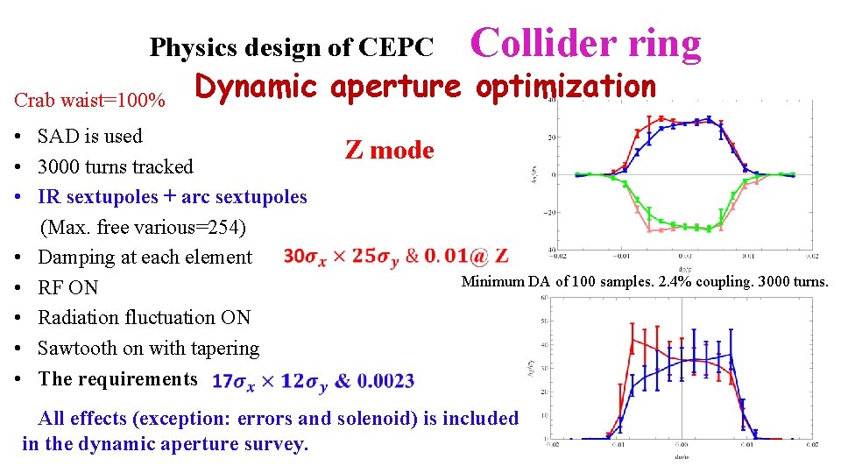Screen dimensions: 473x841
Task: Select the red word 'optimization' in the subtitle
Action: [565, 86]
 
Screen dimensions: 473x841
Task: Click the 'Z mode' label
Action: [389, 150]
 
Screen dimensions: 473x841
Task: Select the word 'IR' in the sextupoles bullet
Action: [49, 196]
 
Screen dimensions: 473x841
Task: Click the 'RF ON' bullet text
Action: [68, 287]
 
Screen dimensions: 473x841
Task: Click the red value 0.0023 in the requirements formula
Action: [386, 381]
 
